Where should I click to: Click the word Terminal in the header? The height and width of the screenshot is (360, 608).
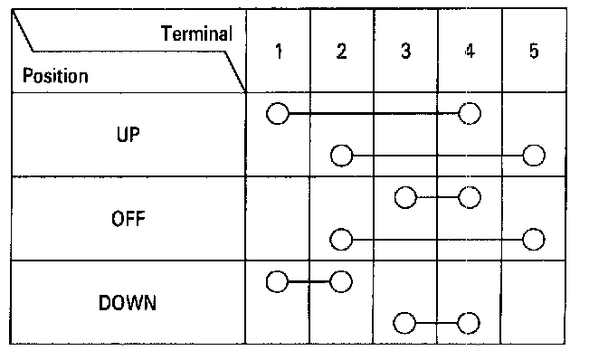pos(196,33)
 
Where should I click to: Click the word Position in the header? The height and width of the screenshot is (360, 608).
pos(55,76)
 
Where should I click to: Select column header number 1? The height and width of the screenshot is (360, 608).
pos(279,52)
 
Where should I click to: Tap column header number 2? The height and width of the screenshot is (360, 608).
pos(342,52)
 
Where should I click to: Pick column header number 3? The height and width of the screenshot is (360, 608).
pos(405,52)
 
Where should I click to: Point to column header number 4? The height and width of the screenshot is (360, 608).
pos(470,51)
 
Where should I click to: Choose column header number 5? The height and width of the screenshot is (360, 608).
pos(534,51)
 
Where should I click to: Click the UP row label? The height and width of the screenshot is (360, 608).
pos(128,135)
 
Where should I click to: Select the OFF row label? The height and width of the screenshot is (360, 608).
pos(128,219)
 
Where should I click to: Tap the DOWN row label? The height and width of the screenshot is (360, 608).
pos(128,303)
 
